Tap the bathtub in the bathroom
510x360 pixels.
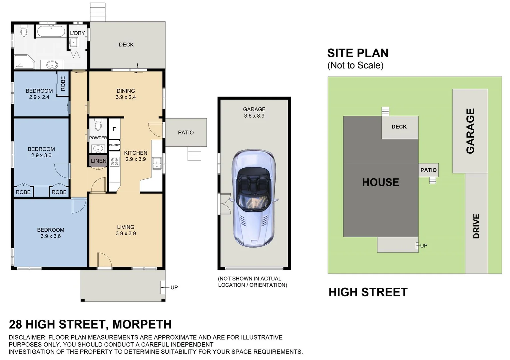coord(51,32)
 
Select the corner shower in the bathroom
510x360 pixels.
coord(24,62)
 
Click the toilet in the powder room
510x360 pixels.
coord(98,125)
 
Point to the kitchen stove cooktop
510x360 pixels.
coord(114,162)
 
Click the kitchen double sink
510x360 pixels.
coord(157,163)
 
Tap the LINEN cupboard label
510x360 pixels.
coord(99,161)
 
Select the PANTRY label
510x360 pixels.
coord(114,145)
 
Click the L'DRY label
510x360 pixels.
coord(77,33)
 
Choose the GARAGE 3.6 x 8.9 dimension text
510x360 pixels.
coord(254,116)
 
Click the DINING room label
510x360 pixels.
coord(126,91)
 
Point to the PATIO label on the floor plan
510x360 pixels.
coord(186,133)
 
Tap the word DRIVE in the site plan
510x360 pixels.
coord(476,226)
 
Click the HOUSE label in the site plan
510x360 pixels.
coord(380,182)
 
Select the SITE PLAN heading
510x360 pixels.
coord(358,53)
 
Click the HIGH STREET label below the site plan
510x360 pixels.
coord(368,292)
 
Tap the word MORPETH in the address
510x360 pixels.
coord(142,324)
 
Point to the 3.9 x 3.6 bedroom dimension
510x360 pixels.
coord(51,236)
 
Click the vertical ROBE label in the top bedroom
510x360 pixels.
coord(63,83)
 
